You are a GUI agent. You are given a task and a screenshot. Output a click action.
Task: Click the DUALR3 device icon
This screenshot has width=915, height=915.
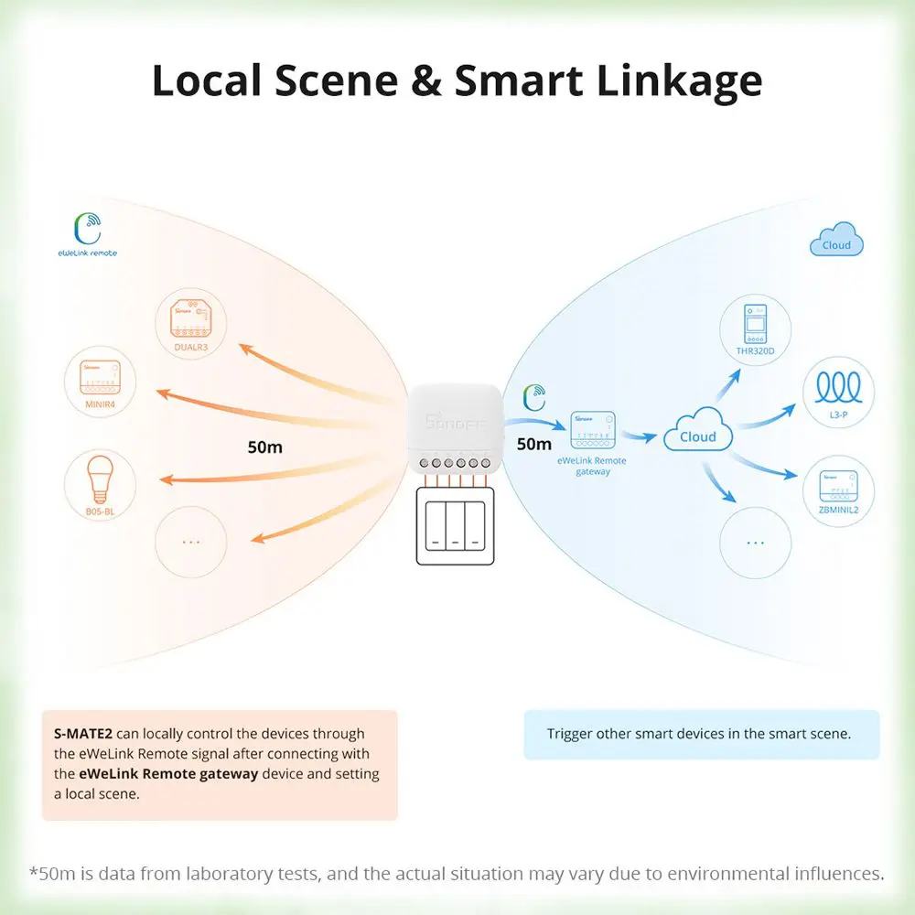click(190, 320)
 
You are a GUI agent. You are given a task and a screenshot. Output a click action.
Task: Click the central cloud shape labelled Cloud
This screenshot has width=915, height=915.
click(698, 433)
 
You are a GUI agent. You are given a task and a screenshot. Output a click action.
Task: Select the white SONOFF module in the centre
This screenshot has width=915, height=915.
click(454, 425)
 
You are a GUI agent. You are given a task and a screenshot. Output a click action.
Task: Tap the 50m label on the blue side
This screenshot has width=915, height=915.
click(534, 444)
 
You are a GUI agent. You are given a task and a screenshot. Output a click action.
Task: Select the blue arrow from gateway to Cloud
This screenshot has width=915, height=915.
click(644, 436)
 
